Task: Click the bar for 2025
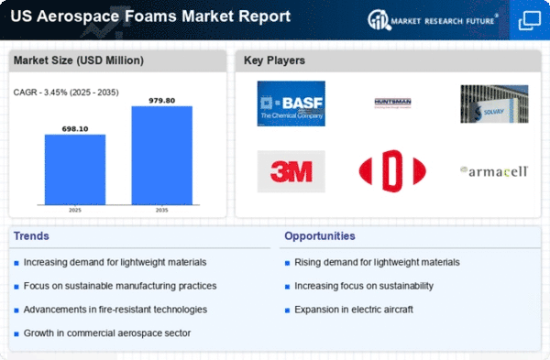75,169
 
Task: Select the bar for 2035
162,156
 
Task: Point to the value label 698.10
75,129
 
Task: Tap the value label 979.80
161,101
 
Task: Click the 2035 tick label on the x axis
161,210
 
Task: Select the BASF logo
291,104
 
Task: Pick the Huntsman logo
392,103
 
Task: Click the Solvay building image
494,104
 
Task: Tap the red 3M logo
291,171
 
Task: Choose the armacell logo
494,171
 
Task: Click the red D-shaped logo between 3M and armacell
392,171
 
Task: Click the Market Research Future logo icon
379,19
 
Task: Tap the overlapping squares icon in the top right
530,20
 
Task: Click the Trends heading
31,236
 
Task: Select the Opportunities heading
320,236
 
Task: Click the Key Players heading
274,60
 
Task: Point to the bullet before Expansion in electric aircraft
287,311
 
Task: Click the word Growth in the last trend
38,333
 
